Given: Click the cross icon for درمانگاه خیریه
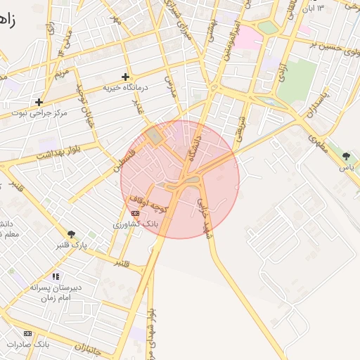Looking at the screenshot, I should pyautogui.click(x=126, y=77).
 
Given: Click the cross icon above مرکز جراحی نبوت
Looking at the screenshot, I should pyautogui.click(x=39, y=102).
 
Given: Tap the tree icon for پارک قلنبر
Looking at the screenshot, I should pyautogui.click(x=71, y=234).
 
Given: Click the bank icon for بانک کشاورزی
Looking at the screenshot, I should pyautogui.click(x=135, y=213).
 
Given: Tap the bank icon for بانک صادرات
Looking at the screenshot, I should pyautogui.click(x=28, y=333).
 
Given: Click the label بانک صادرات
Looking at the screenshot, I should pyautogui.click(x=27, y=345).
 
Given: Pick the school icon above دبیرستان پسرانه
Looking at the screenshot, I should pyautogui.click(x=56, y=276).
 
